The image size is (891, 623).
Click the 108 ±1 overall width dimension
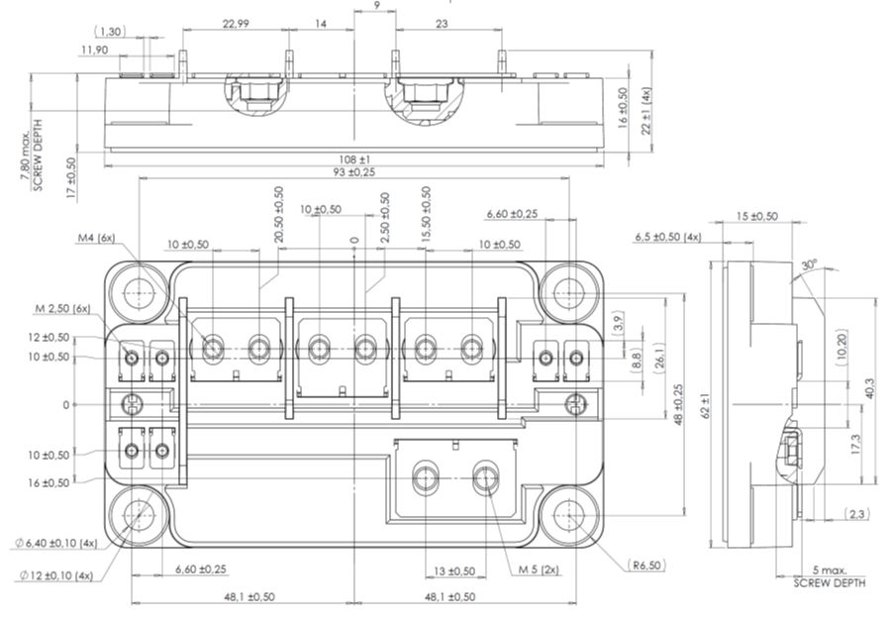(354, 158)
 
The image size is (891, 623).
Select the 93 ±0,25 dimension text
(354, 172)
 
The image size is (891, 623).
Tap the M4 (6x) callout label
(97, 238)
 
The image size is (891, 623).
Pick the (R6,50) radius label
(646, 565)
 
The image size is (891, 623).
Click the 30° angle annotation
(811, 265)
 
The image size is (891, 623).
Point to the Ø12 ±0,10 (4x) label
(57, 574)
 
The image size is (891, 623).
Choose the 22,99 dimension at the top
(236, 23)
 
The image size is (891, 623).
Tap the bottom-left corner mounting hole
(138, 516)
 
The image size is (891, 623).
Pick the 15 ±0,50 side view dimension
(757, 216)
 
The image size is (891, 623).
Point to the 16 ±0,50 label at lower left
(49, 482)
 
